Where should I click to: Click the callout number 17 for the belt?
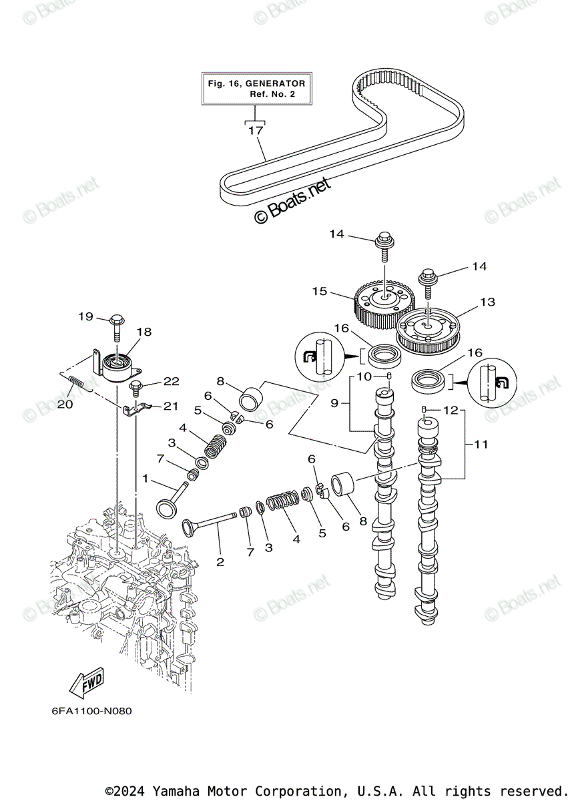[x=256, y=131]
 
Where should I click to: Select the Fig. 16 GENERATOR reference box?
[x=256, y=89]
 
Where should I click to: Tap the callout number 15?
[x=320, y=291]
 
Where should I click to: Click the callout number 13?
[x=487, y=302]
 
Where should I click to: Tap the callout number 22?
[x=172, y=381]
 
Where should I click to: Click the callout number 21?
[x=171, y=406]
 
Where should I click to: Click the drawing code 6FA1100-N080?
[x=91, y=711]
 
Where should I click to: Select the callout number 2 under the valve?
[x=220, y=562]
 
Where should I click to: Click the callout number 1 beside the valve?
[x=146, y=479]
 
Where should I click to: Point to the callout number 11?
[x=482, y=443]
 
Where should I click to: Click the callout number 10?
[x=364, y=376]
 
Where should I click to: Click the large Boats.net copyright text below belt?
[x=292, y=200]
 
